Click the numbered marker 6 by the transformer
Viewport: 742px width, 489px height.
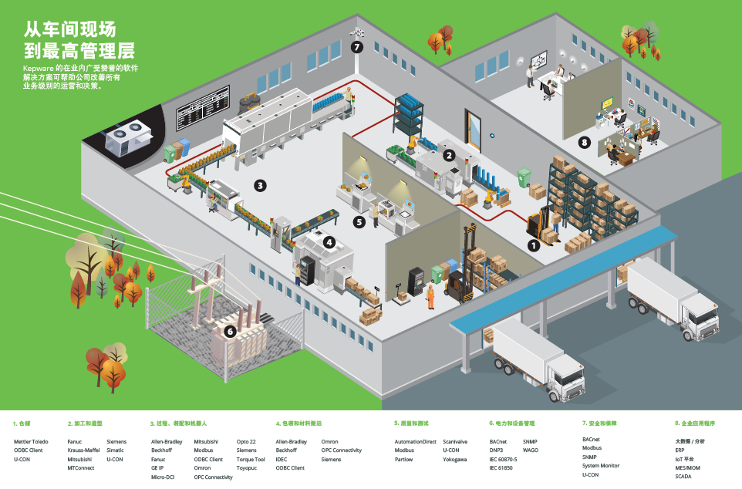229,332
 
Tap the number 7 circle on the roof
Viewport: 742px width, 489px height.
356,47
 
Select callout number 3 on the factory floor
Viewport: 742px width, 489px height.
261,185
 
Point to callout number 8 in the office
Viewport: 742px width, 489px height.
585,142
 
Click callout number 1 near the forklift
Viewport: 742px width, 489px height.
532,245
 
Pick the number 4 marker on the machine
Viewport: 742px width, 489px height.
329,241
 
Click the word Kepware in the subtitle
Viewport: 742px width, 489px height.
38,68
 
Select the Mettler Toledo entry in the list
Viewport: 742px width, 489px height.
31,442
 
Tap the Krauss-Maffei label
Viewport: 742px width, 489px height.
83,450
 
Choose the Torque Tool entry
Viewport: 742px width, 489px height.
251,460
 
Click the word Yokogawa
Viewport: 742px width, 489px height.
454,460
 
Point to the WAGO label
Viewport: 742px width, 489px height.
531,450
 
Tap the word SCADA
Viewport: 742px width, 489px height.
683,477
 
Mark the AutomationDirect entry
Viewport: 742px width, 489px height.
415,442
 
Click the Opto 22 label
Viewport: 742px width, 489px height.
246,442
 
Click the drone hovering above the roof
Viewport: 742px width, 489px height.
356,33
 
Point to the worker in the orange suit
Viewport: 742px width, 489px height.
430,295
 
